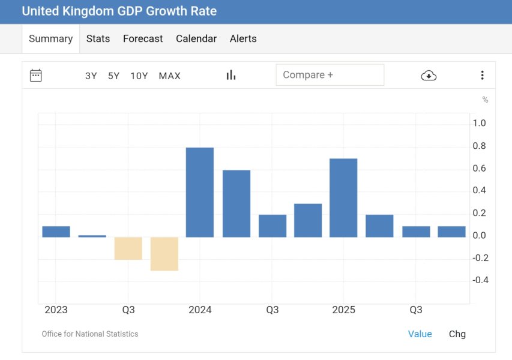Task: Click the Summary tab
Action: pyautogui.click(x=50, y=38)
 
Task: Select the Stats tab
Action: pyautogui.click(x=98, y=38)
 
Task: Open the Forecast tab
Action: pyautogui.click(x=143, y=38)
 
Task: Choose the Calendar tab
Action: pyautogui.click(x=196, y=38)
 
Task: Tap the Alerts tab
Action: pyautogui.click(x=243, y=38)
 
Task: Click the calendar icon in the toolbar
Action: pyautogui.click(x=36, y=76)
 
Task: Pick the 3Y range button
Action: pyautogui.click(x=91, y=76)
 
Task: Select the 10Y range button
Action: pyautogui.click(x=139, y=76)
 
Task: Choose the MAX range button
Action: pyautogui.click(x=170, y=76)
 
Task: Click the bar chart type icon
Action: pyautogui.click(x=231, y=75)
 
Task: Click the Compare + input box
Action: pyautogui.click(x=330, y=75)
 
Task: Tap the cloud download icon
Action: pyautogui.click(x=429, y=75)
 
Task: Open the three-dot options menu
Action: pyautogui.click(x=482, y=75)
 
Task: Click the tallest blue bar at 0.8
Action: pyautogui.click(x=200, y=192)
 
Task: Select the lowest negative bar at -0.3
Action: pyautogui.click(x=164, y=254)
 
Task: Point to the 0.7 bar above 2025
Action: pyautogui.click(x=343, y=197)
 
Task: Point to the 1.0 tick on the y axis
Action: pyautogui.click(x=479, y=123)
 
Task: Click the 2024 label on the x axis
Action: pyautogui.click(x=200, y=310)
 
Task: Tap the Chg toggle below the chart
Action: pyautogui.click(x=457, y=334)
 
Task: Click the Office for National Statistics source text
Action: pyautogui.click(x=90, y=334)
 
